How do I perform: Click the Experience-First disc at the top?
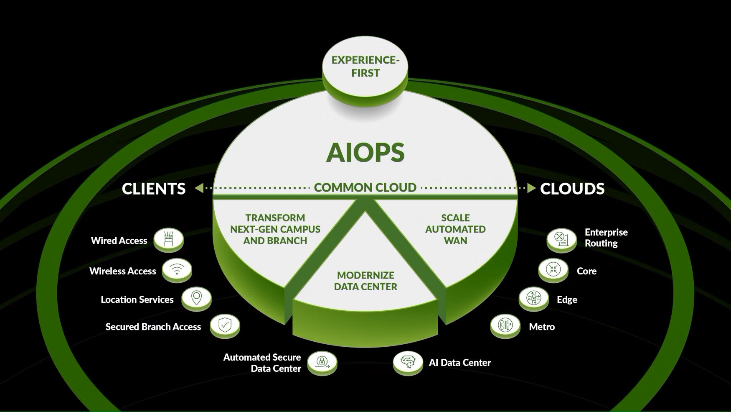point(365,67)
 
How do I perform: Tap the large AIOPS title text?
point(365,152)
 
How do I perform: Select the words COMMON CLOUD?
point(365,187)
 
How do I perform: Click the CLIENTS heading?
point(154,189)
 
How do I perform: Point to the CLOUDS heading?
point(572,189)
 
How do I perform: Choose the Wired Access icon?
point(168,239)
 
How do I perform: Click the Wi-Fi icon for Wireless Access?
point(177,269)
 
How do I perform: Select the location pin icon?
point(196,298)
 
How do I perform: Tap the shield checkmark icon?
point(225,325)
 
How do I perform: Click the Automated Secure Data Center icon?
point(322,361)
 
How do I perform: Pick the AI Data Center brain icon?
point(408,361)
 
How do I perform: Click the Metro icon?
point(505,325)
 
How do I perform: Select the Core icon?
point(553,269)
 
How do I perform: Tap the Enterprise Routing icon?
point(562,239)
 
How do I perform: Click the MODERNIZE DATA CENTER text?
point(365,281)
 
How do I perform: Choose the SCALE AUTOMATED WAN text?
point(455,229)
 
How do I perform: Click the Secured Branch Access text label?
point(153,327)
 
